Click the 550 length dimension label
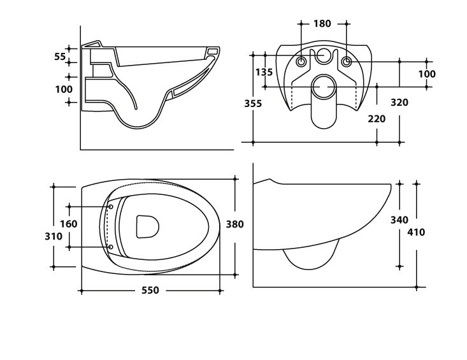[150, 291]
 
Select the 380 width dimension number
[235, 224]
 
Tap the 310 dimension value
[54, 236]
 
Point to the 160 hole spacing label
[69, 224]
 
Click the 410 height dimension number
[415, 232]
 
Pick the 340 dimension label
[399, 220]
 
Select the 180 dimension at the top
[322, 24]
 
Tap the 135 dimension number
[264, 72]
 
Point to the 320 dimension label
[399, 103]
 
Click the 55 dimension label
[60, 57]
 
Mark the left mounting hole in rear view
[301, 62]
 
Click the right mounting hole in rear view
[346, 62]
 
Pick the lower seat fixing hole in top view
[111, 247]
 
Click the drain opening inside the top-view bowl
[147, 226]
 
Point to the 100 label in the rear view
[427, 74]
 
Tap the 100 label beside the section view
[64, 89]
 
